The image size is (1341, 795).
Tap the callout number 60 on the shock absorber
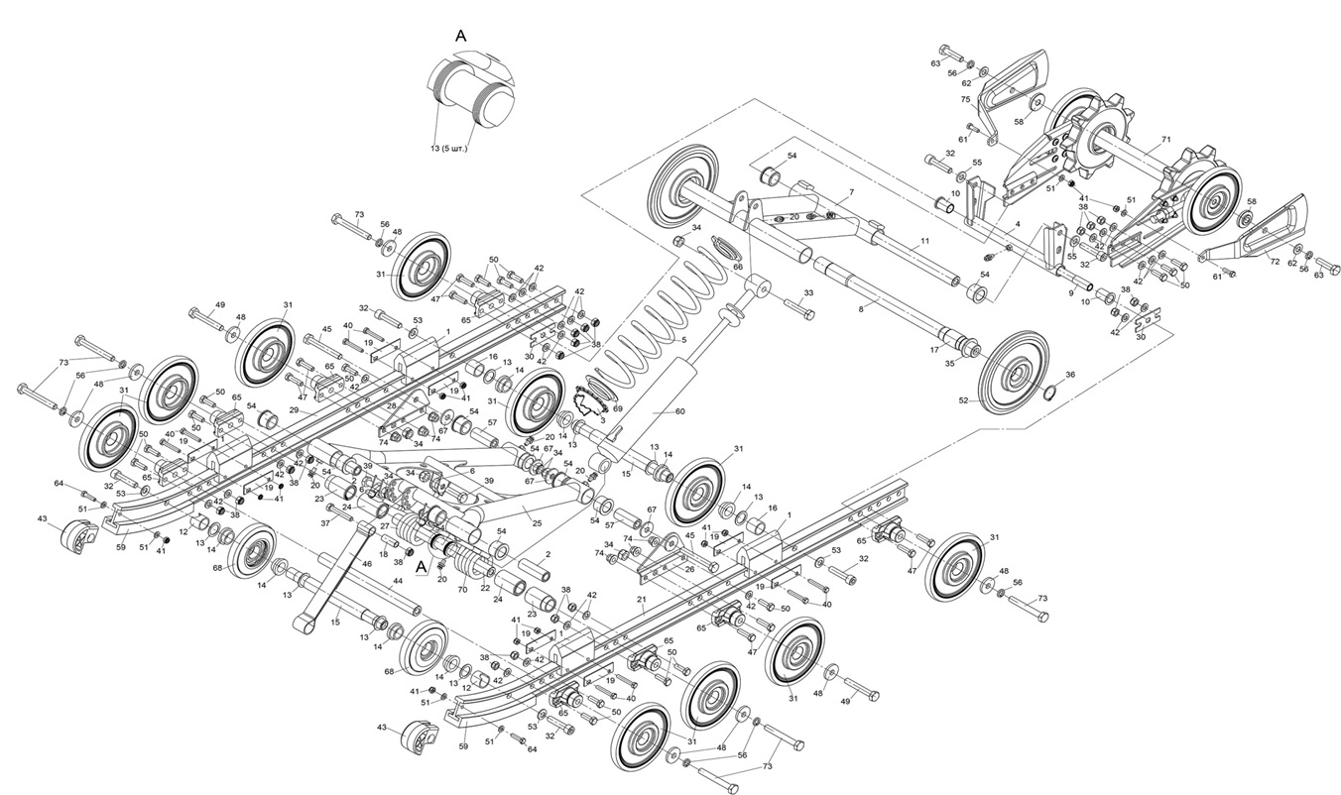[x=680, y=411]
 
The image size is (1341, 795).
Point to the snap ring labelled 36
[x=1054, y=388]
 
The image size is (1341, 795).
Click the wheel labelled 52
[x=1014, y=377]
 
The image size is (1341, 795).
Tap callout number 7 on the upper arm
[x=850, y=190]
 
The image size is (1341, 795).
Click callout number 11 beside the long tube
[x=923, y=241]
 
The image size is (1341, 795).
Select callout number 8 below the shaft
[x=861, y=309]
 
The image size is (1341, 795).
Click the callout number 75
[x=965, y=99]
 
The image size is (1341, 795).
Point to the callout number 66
[x=737, y=266]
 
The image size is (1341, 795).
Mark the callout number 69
[x=617, y=408]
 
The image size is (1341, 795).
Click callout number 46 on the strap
[x=367, y=563]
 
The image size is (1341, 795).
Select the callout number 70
[x=462, y=589]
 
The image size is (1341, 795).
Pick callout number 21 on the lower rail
[x=642, y=600]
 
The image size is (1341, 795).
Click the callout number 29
[x=294, y=409]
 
